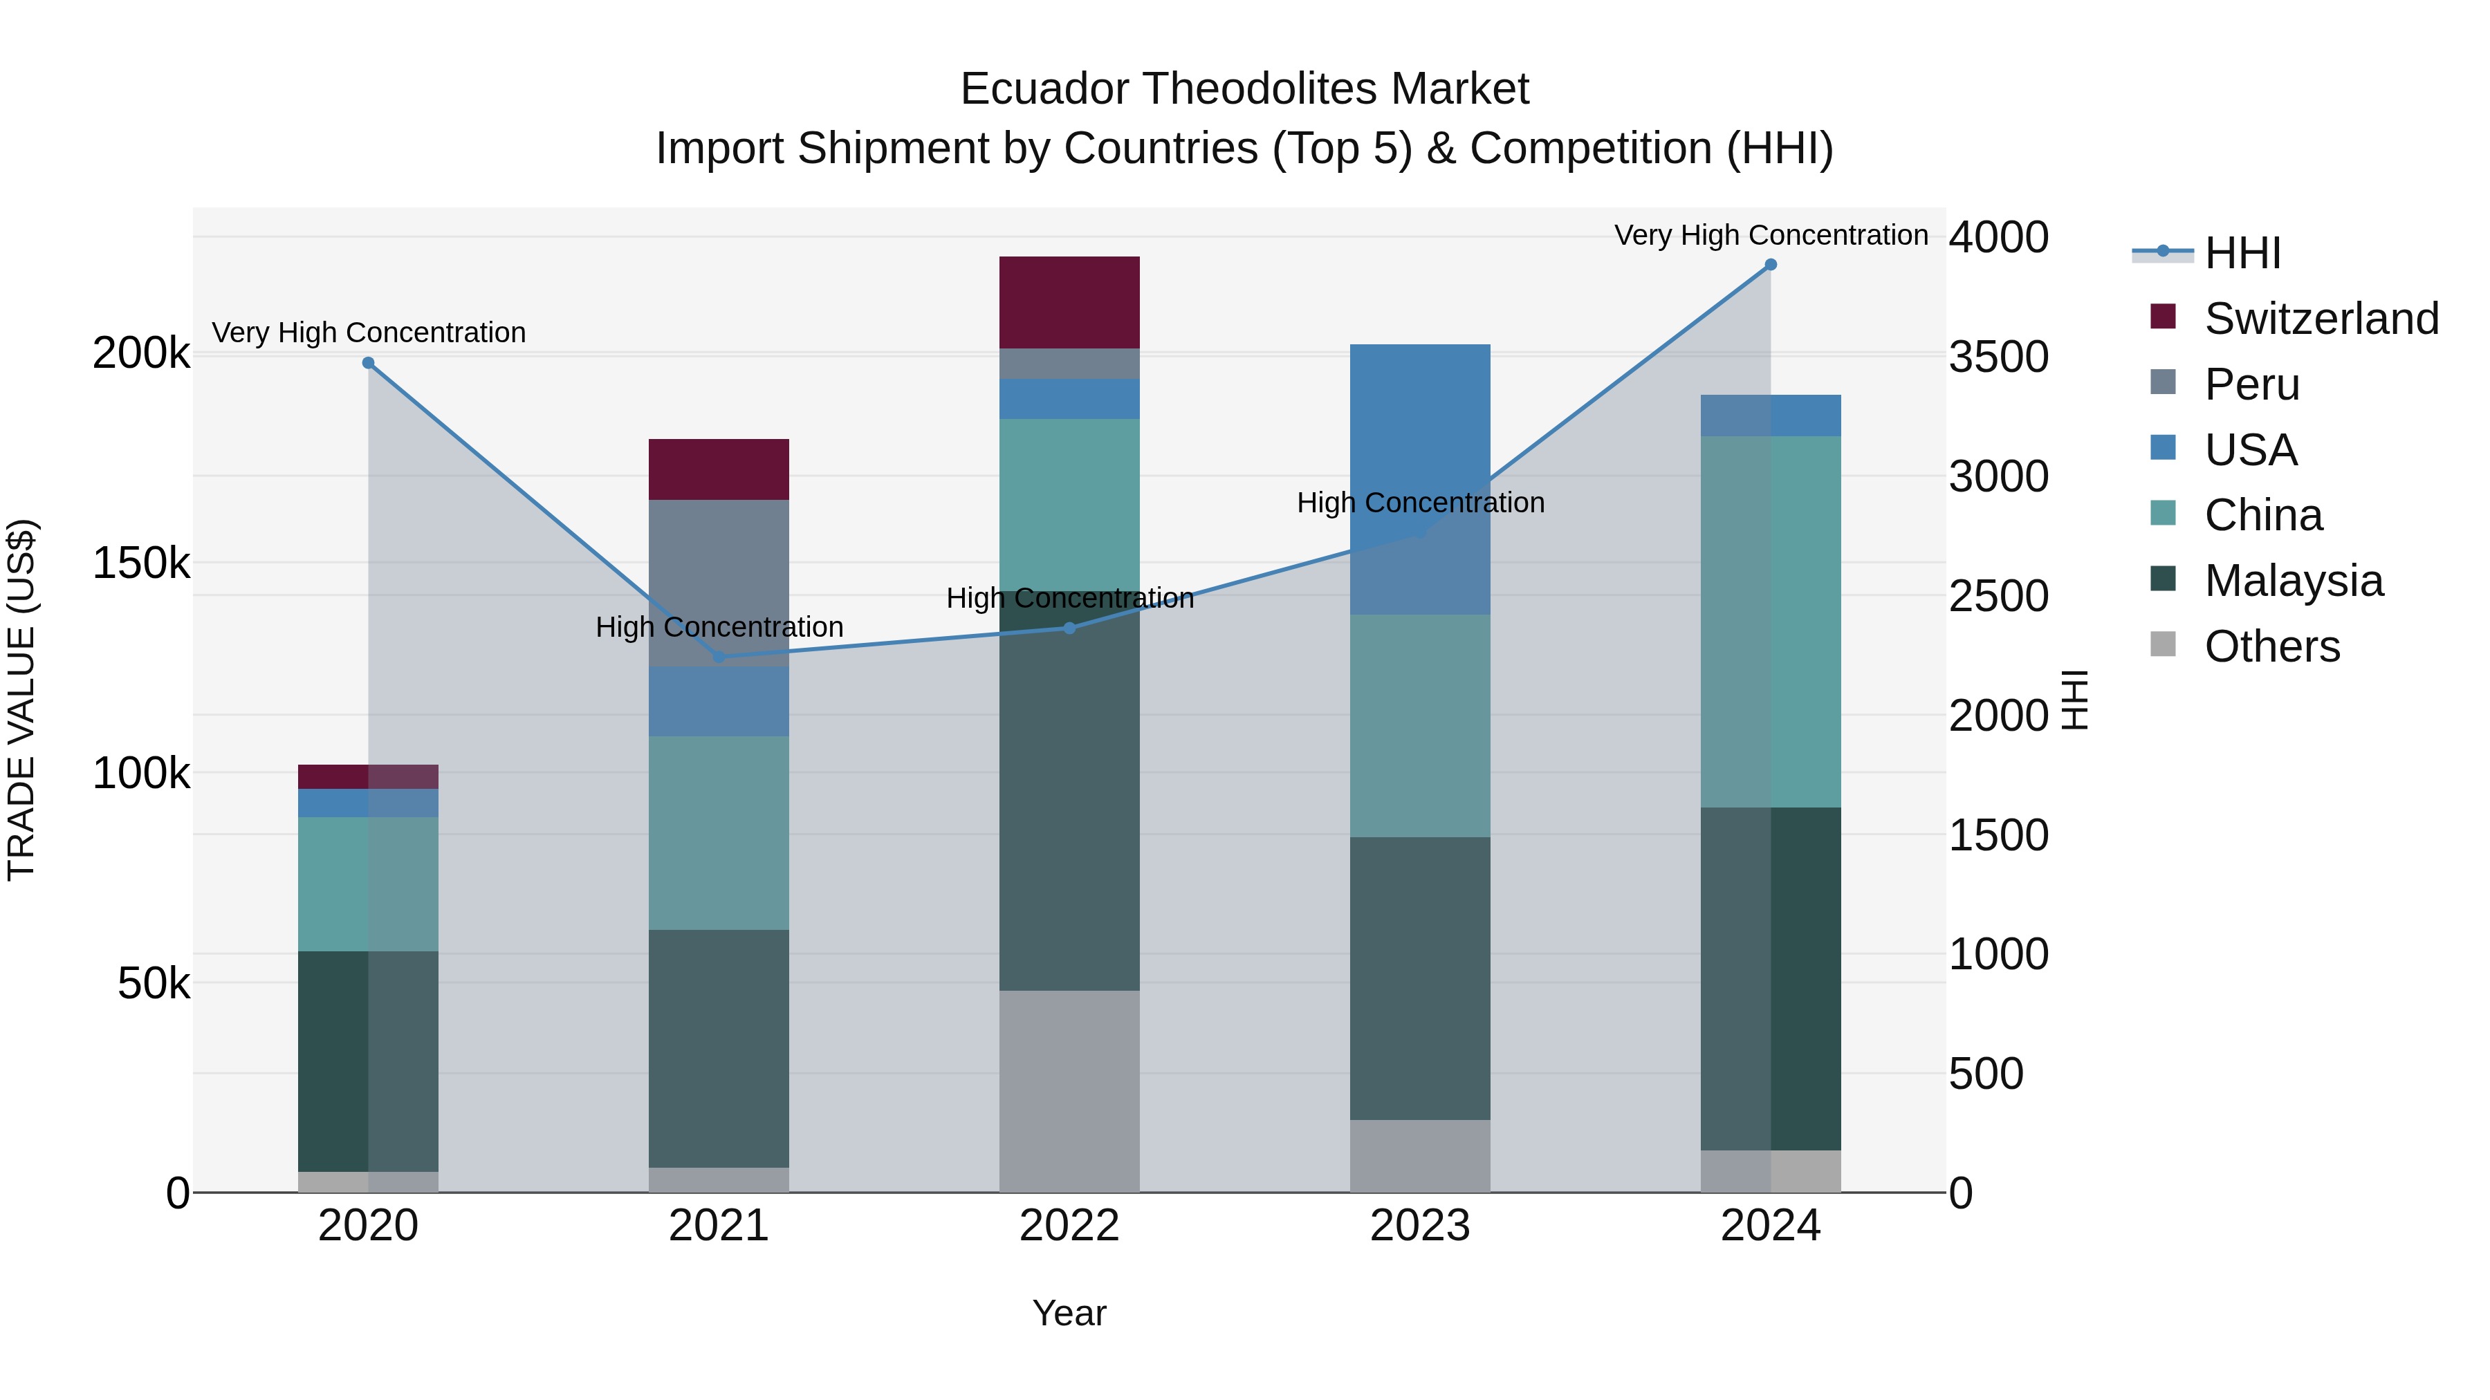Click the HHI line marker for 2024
tap(1770, 265)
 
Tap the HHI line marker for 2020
tap(368, 363)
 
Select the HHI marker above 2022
tap(1069, 628)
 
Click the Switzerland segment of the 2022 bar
tap(1069, 302)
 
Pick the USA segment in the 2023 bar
tap(1420, 478)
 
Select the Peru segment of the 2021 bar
tap(718, 583)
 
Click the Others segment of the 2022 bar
tap(1069, 1091)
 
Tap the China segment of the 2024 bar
tap(1770, 622)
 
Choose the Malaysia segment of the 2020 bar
tap(368, 1061)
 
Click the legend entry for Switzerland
tap(2321, 319)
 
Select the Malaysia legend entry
tap(2293, 581)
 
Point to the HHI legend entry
tap(2242, 253)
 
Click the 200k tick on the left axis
tap(141, 353)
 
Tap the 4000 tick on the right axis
tap(1997, 238)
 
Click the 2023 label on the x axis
tap(1420, 1226)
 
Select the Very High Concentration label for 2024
tap(1770, 235)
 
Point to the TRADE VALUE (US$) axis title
tap(22, 700)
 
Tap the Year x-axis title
tap(1069, 1313)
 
